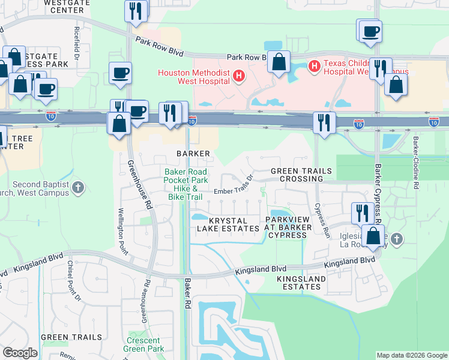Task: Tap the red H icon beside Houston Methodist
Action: (x=239, y=76)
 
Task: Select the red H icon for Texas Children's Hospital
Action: (x=313, y=65)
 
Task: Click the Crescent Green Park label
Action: (x=144, y=344)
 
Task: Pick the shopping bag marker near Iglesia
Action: (x=373, y=236)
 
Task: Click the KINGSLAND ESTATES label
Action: (x=301, y=283)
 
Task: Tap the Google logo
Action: (x=20, y=353)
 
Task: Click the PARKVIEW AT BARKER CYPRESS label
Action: (x=288, y=227)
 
